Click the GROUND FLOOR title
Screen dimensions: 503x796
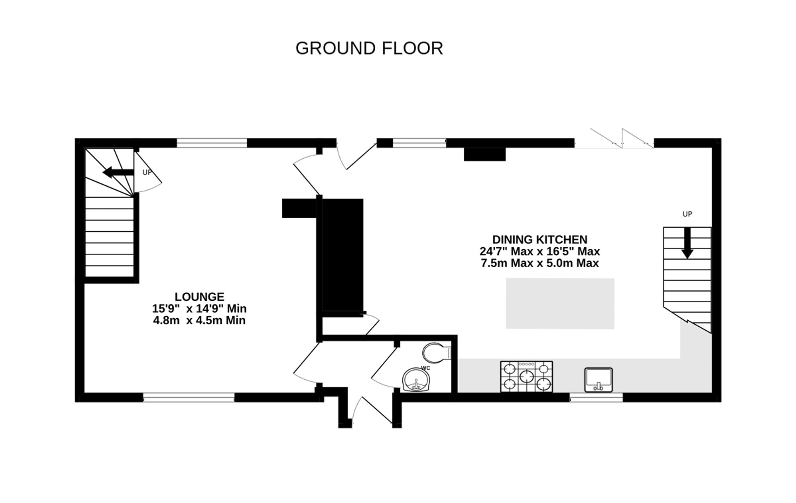pyautogui.click(x=369, y=48)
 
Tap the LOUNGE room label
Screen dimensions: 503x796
pyautogui.click(x=199, y=297)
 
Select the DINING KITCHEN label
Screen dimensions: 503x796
pyautogui.click(x=540, y=239)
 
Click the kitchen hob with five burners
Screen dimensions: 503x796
pyautogui.click(x=527, y=376)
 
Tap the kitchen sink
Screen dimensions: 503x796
pyautogui.click(x=598, y=380)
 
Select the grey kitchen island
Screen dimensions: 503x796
pyautogui.click(x=560, y=303)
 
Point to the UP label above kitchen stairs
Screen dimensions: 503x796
pyautogui.click(x=687, y=214)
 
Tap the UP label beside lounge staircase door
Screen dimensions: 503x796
pyautogui.click(x=147, y=173)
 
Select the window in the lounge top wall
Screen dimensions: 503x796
pyautogui.click(x=212, y=143)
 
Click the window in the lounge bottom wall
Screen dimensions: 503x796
pyautogui.click(x=189, y=397)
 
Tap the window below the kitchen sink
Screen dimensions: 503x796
pyautogui.click(x=596, y=397)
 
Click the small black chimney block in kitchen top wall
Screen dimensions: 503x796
pyautogui.click(x=484, y=154)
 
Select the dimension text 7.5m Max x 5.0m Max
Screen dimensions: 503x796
pyautogui.click(x=540, y=263)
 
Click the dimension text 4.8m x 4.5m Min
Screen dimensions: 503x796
pyautogui.click(x=199, y=321)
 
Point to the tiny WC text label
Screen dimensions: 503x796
pyautogui.click(x=426, y=368)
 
